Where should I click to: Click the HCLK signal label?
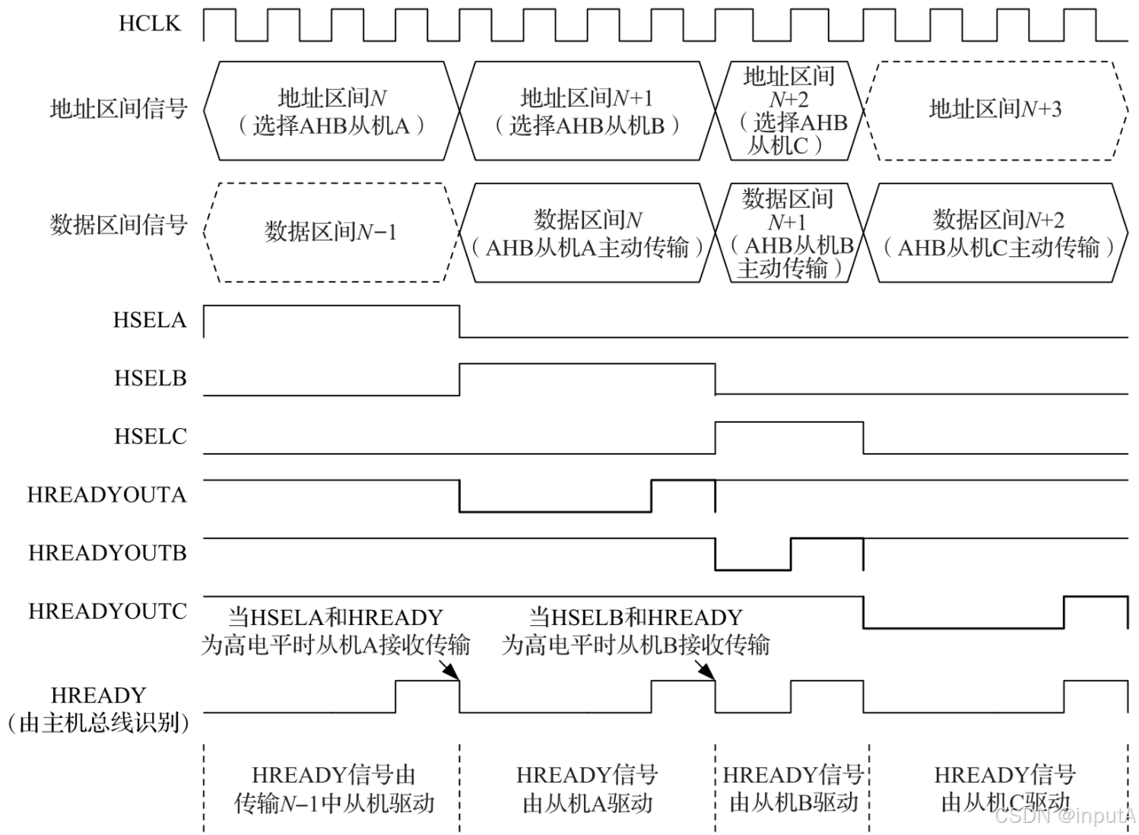pyautogui.click(x=150, y=24)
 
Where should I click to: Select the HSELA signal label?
pyautogui.click(x=150, y=320)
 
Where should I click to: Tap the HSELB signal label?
pyautogui.click(x=150, y=378)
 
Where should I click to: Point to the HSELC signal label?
pyautogui.click(x=150, y=437)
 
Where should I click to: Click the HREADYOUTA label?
pyautogui.click(x=106, y=495)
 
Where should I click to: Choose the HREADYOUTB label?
pyautogui.click(x=107, y=553)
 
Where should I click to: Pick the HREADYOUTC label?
pyautogui.click(x=107, y=611)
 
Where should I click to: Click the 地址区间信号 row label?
pyautogui.click(x=118, y=110)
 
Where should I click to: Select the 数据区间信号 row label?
pyautogui.click(x=118, y=225)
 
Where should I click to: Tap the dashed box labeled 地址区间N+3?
pyautogui.click(x=995, y=110)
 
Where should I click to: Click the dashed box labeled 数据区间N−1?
pyautogui.click(x=331, y=232)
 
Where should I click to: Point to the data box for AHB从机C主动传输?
pyautogui.click(x=998, y=233)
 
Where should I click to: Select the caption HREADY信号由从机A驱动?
pyautogui.click(x=587, y=789)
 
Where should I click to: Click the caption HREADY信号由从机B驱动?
pyautogui.click(x=792, y=789)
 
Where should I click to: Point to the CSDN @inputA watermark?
pyautogui.click(x=1064, y=816)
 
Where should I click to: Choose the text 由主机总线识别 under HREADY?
pyautogui.click(x=98, y=722)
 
